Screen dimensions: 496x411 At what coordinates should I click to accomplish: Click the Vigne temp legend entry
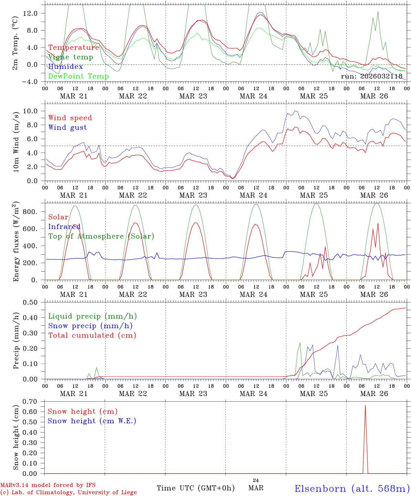pos(71,57)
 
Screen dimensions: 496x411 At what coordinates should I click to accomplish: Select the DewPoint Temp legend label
pos(78,76)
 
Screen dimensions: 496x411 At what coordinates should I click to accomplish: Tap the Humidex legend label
pos(65,67)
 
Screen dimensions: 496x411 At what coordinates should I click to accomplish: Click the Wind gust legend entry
pos(67,127)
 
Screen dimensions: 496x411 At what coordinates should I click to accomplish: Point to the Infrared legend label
pos(64,227)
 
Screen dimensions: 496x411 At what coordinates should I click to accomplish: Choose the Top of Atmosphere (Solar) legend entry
pos(101,236)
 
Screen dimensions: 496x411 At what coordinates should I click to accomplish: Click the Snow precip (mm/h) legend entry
pos(90,326)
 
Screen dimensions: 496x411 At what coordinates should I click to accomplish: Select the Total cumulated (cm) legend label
pos(92,335)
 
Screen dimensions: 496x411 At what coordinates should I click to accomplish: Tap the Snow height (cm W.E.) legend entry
pos(92,421)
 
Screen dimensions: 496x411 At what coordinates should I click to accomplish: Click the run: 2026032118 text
pos(371,76)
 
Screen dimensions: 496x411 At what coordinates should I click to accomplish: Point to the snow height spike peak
pos(365,405)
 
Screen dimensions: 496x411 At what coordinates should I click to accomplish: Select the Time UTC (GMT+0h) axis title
pos(196,488)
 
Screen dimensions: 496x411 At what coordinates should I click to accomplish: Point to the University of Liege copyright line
pos(68,493)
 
